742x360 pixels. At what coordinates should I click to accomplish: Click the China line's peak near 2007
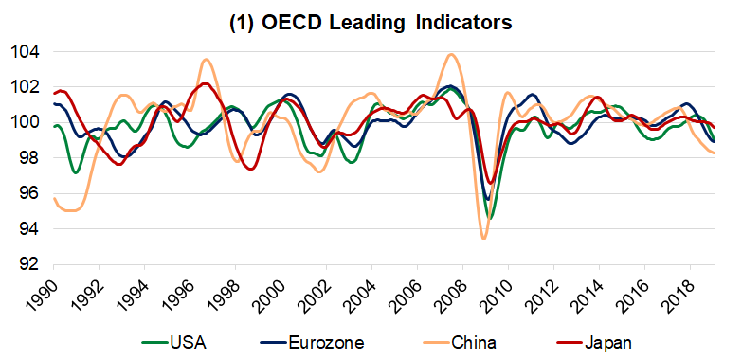(x=451, y=54)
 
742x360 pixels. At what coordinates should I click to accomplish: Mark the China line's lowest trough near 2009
(x=483, y=238)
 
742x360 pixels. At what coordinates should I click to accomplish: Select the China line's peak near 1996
(x=206, y=60)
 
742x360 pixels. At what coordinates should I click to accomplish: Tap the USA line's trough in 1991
(x=75, y=172)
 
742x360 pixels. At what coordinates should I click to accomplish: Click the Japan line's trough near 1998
(x=249, y=169)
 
